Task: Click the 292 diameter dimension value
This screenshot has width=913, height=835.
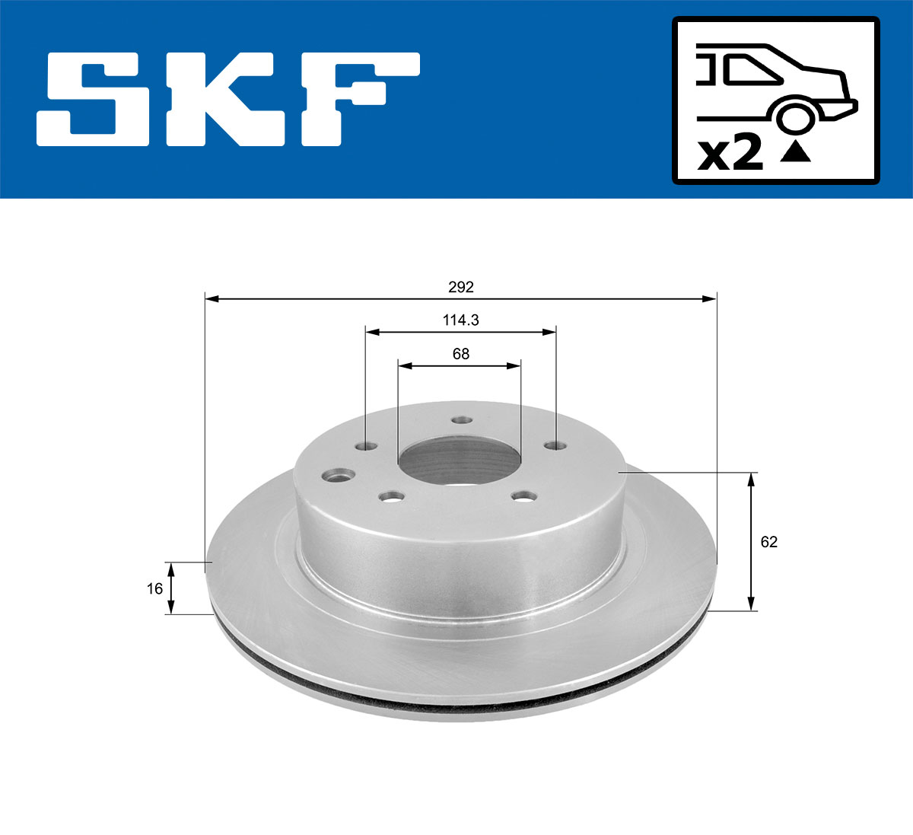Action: point(460,287)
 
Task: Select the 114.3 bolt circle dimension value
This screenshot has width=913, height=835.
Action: point(460,320)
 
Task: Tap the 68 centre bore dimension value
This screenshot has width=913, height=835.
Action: point(460,354)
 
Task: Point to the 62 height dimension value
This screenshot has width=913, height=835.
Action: point(769,542)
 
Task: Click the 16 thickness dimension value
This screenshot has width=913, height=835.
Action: point(154,588)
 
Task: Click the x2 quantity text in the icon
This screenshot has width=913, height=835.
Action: point(730,155)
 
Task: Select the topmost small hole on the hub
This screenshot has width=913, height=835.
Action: point(461,419)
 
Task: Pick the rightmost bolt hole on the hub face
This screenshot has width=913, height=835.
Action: point(555,445)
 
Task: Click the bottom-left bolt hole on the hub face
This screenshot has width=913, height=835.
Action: point(391,497)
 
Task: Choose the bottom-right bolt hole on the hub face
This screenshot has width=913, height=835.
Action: point(523,497)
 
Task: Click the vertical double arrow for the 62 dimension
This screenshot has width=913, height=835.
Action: point(752,541)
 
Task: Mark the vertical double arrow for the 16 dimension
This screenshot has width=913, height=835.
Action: point(171,588)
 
